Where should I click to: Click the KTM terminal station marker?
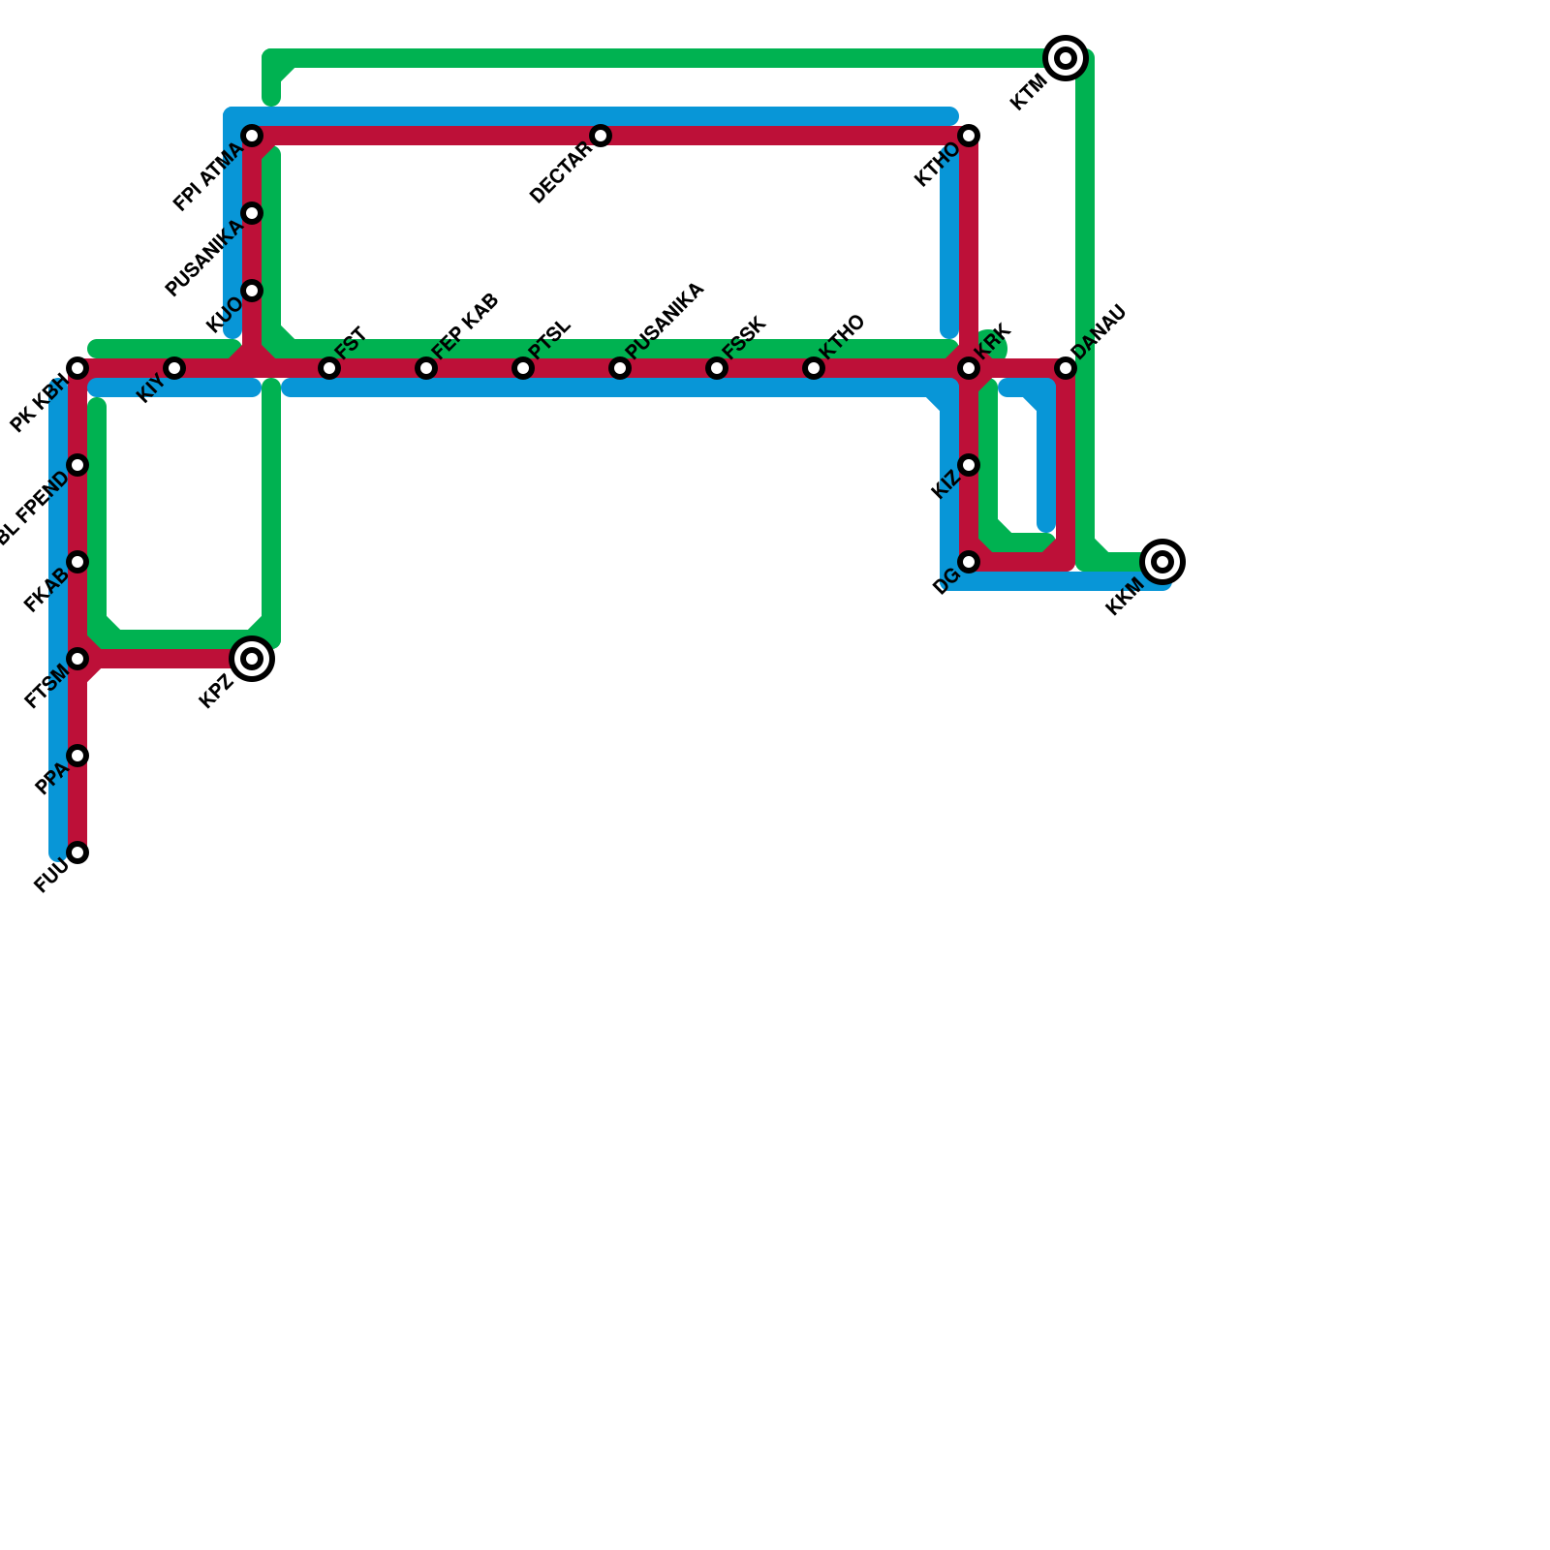pos(1066,58)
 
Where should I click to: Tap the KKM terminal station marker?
pos(1162,562)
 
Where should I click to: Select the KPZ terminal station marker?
pos(252,659)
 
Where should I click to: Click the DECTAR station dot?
pos(601,136)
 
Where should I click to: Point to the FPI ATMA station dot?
pos(252,136)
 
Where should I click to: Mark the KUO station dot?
pos(252,291)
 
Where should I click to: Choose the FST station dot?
pos(329,368)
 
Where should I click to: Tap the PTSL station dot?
pos(523,368)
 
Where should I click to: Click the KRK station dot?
pos(969,368)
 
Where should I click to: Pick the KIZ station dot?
pos(969,465)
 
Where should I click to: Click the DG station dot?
pos(969,562)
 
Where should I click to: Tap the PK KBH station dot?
pos(77,368)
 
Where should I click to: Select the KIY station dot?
pos(174,368)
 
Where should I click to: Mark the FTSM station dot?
pos(77,659)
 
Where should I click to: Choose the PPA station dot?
pos(77,756)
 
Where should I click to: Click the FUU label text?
pos(50,875)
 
